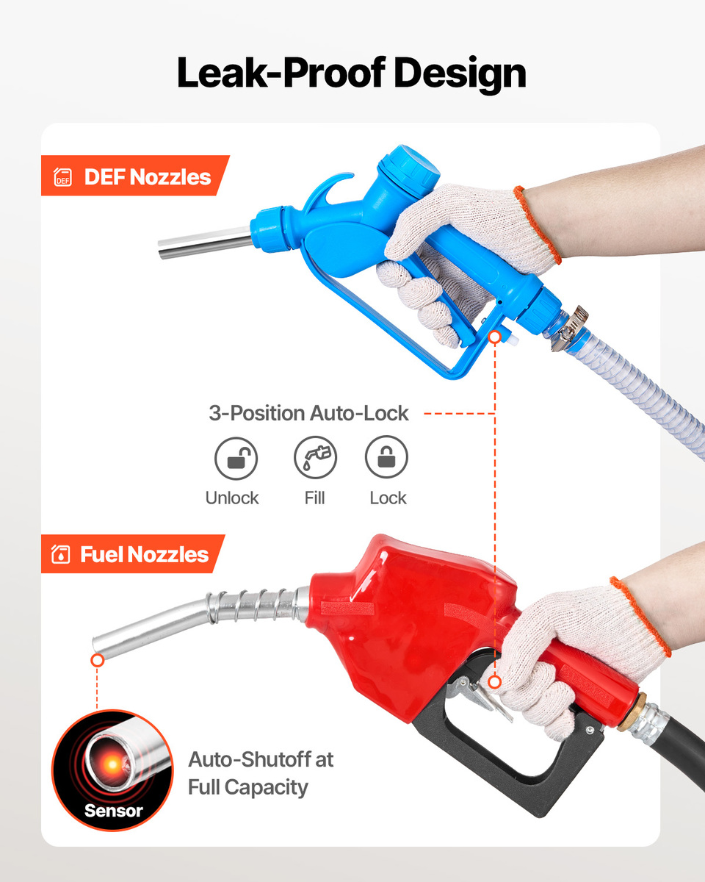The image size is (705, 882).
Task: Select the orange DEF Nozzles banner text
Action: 148,177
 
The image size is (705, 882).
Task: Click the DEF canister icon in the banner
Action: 62,177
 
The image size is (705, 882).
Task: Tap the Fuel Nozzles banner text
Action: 144,554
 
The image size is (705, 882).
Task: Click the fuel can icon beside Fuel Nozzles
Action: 61,554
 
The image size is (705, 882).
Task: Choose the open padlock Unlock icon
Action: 236,458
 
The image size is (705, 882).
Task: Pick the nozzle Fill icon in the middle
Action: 315,457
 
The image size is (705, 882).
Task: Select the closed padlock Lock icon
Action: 386,456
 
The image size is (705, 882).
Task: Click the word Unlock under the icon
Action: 232,498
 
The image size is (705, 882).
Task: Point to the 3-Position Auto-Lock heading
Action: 308,413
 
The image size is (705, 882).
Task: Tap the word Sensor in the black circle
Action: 114,811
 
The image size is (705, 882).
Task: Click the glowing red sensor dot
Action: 112,764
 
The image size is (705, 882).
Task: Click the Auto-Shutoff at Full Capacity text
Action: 261,773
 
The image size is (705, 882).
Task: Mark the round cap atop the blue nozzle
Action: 409,170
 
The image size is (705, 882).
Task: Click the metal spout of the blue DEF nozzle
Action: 205,243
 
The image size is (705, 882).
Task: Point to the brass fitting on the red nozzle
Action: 632,711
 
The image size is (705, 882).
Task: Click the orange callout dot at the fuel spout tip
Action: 98,660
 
